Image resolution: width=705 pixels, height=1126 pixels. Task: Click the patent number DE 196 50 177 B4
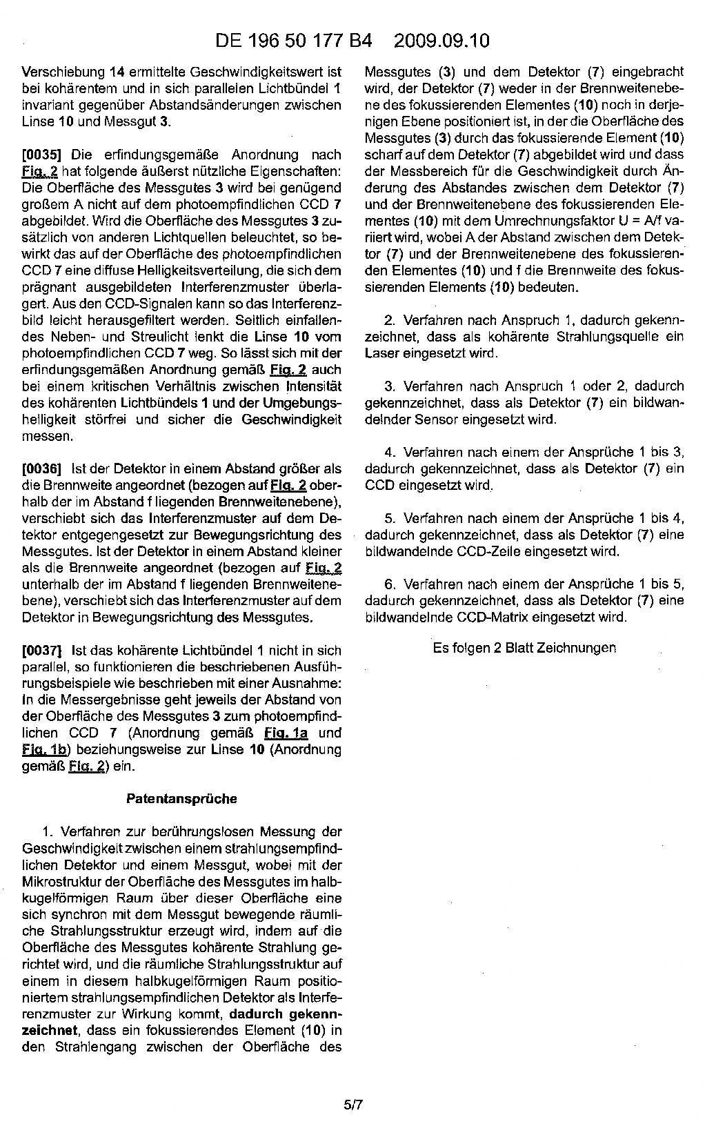pyautogui.click(x=293, y=41)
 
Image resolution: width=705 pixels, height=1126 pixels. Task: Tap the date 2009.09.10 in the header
pyautogui.click(x=441, y=41)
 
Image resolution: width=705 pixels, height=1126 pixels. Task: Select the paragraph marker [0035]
pyautogui.click(x=43, y=155)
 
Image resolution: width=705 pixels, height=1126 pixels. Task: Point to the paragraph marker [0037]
pyautogui.click(x=43, y=650)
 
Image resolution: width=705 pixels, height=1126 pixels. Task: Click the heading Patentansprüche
pyautogui.click(x=181, y=799)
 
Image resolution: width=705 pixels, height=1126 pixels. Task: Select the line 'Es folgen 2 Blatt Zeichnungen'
pyautogui.click(x=524, y=648)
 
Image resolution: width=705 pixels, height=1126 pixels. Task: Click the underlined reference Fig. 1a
pyautogui.click(x=286, y=733)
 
